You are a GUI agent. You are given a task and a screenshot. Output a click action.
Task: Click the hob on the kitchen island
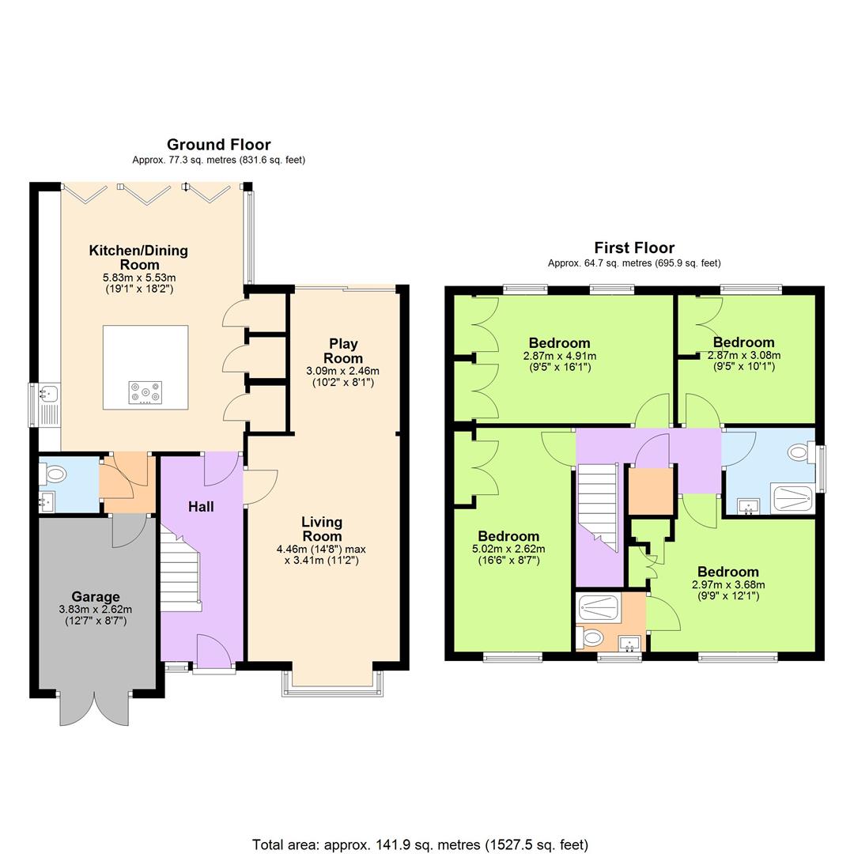coord(145,391)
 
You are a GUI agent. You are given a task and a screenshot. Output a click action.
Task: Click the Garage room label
coord(96,597)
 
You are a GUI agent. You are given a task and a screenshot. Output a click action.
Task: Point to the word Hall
coord(201,507)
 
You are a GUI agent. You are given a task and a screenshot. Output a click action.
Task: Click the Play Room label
coord(343,351)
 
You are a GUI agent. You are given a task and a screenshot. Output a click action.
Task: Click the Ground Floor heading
coord(218,145)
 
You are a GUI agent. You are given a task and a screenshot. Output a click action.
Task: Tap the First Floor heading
coord(634,248)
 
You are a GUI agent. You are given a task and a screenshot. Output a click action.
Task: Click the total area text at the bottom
coord(420,845)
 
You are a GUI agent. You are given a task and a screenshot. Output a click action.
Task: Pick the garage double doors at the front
coord(94,709)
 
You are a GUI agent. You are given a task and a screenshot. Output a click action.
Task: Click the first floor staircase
coord(598,506)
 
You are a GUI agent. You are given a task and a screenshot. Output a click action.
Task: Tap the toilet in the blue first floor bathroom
coord(799,454)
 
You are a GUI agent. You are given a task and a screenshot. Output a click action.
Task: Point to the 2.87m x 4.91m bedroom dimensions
coord(560,361)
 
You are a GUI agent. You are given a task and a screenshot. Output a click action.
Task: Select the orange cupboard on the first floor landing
coord(649,490)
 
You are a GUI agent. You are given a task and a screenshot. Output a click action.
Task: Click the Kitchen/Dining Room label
coord(138,257)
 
